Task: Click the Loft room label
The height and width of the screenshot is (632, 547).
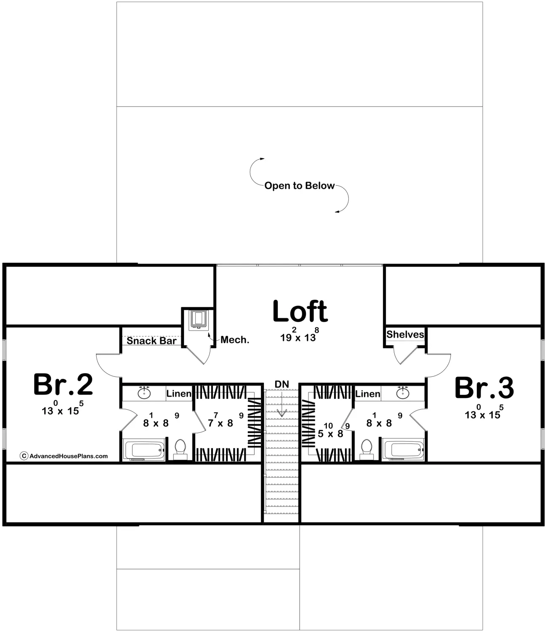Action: pos(300,312)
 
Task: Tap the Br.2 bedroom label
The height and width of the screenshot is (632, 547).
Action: pos(63,384)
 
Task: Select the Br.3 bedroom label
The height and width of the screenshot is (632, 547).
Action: pos(484,388)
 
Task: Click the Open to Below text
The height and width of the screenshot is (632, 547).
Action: pos(299,186)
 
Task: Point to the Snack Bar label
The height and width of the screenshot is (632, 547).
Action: pos(151,341)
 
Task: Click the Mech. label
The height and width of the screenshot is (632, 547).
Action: pos(235,340)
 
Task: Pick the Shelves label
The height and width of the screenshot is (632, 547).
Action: pos(405,334)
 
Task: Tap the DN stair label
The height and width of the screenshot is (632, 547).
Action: pos(282,384)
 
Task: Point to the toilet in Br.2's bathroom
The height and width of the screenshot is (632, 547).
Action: pos(181,448)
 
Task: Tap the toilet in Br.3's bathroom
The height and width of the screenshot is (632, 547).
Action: pos(367,448)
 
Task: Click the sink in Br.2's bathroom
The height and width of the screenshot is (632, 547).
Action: pos(144,393)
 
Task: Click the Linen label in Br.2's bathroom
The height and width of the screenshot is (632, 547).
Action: pos(179,394)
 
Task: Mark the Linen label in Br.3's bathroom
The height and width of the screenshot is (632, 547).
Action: pos(368,394)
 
